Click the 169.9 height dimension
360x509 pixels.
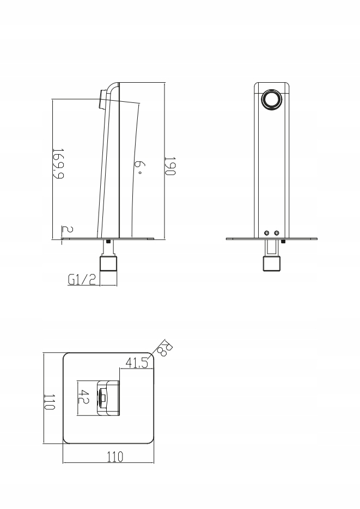click(58, 164)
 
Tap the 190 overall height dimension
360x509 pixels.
click(170, 166)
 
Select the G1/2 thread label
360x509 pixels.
click(82, 279)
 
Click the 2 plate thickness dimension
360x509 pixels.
click(68, 230)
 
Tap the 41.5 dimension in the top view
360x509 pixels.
click(136, 362)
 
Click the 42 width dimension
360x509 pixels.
click(83, 396)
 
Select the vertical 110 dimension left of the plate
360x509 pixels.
click(50, 402)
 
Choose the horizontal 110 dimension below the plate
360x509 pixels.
click(115, 457)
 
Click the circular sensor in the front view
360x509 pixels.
click(271, 100)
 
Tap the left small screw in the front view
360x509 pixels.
click(267, 233)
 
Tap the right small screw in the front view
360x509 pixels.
click(277, 233)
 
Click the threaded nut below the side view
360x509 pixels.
click(108, 263)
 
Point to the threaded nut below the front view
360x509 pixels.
click(271, 263)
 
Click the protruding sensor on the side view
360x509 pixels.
click(102, 99)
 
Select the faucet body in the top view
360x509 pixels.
click(108, 397)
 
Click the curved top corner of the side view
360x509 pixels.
click(112, 85)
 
